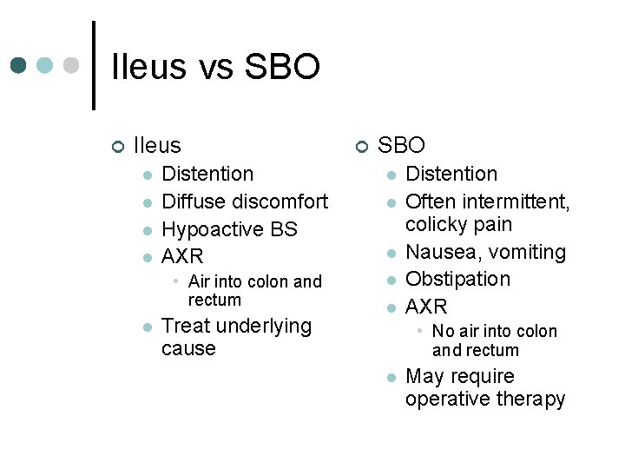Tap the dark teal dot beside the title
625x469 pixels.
[19, 66]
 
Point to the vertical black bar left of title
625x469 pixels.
[94, 65]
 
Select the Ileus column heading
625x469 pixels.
[157, 145]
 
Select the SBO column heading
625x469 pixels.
[401, 145]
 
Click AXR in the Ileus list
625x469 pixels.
[182, 256]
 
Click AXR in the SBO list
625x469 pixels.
[426, 307]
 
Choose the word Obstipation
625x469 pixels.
[458, 279]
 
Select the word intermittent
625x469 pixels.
[517, 201]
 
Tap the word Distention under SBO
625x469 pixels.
[451, 174]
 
